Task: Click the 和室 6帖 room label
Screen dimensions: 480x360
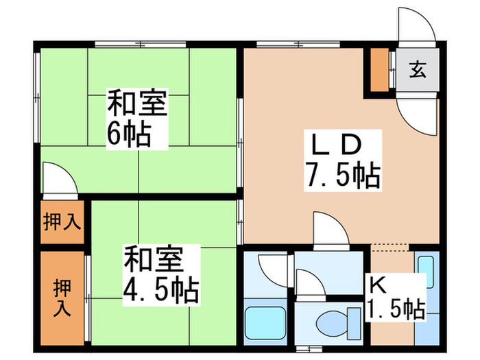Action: tap(137, 119)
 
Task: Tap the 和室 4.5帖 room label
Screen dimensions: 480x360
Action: tap(161, 275)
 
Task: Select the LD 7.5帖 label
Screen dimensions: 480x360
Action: tap(343, 160)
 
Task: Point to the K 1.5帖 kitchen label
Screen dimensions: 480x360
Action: tap(396, 297)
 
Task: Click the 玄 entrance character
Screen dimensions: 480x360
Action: tap(418, 69)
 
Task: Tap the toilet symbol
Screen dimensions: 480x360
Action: tap(338, 324)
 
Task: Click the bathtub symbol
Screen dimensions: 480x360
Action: tap(265, 323)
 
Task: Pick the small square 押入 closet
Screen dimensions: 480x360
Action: tap(62, 222)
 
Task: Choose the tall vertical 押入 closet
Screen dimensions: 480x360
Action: tap(62, 298)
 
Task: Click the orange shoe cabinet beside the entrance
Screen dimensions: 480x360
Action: tap(380, 69)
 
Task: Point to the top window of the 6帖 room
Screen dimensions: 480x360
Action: tap(141, 45)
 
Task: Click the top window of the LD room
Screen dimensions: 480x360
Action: tap(298, 45)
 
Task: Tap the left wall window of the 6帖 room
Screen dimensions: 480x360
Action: tap(37, 97)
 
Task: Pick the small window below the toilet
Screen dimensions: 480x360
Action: tap(309, 348)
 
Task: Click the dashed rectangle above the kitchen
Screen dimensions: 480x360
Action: tap(389, 248)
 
